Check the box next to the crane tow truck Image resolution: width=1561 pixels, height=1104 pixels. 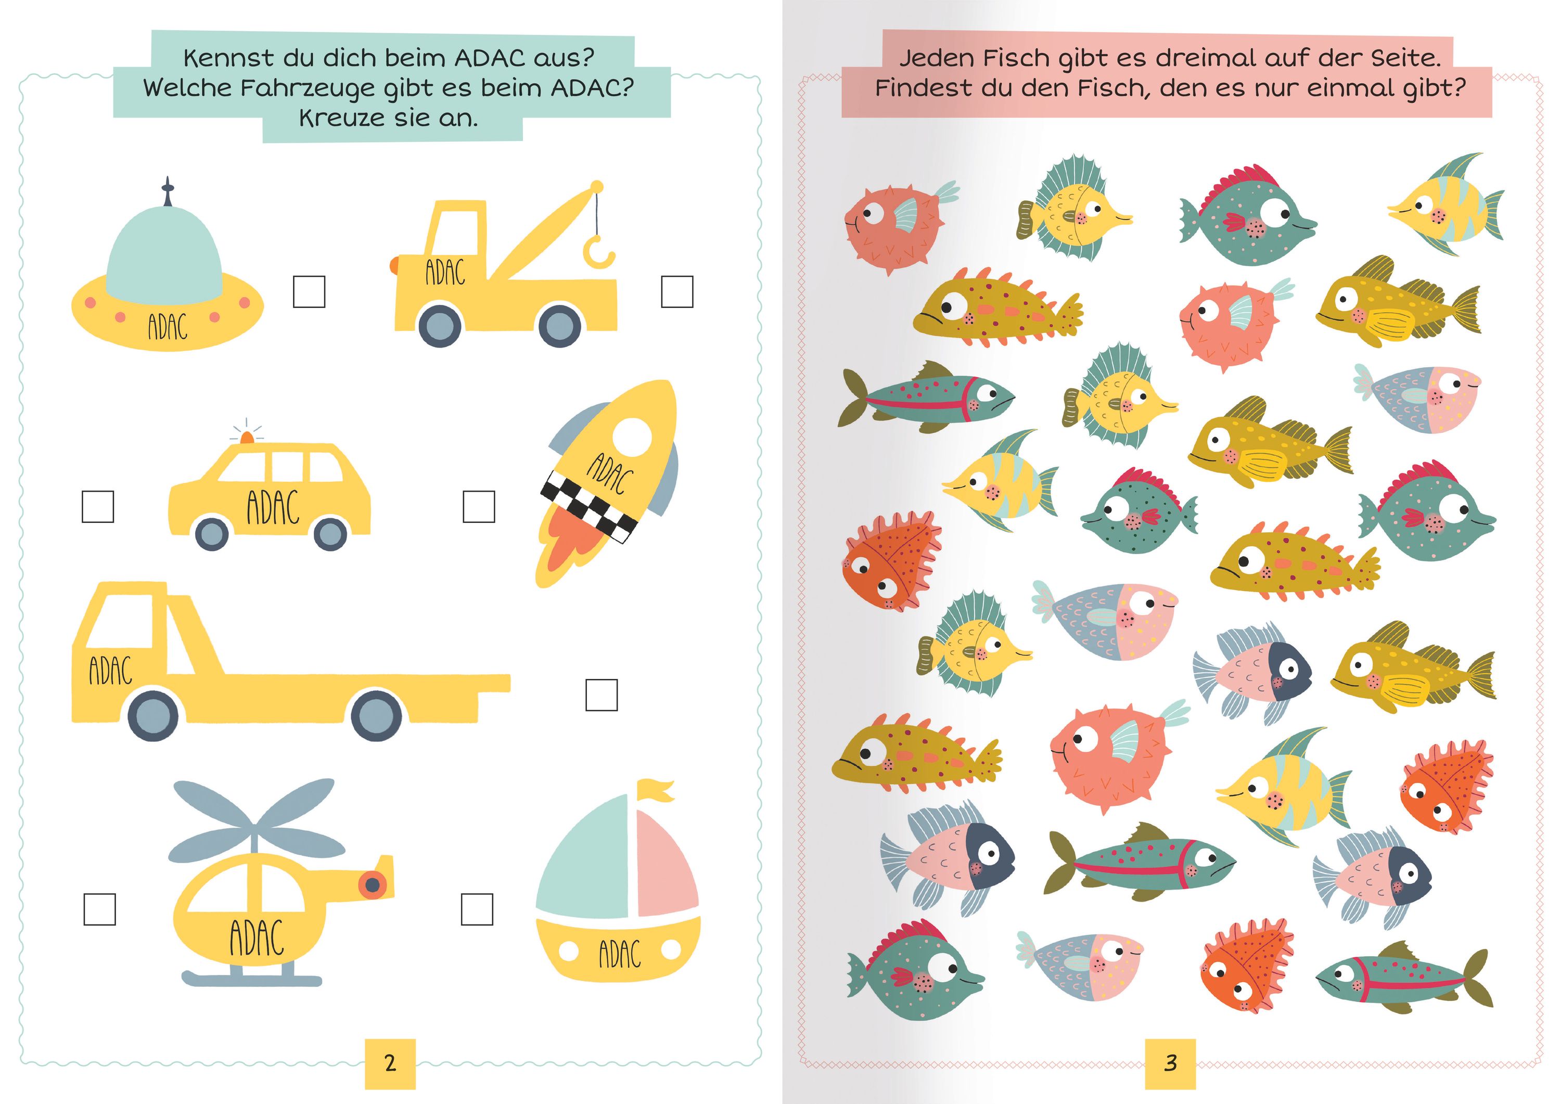click(677, 292)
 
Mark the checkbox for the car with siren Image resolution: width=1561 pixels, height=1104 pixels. click(98, 506)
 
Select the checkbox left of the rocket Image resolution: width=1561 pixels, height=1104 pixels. click(479, 506)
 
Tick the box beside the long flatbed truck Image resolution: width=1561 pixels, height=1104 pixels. click(602, 695)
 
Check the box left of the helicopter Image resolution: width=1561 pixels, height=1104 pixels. click(100, 909)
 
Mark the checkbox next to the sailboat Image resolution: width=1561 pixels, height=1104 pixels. click(477, 909)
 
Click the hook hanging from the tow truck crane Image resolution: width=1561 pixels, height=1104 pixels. click(598, 252)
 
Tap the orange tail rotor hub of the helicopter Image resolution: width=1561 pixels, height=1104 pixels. click(373, 884)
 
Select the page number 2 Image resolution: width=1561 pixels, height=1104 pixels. click(390, 1063)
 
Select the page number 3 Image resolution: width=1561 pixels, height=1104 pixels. click(1170, 1063)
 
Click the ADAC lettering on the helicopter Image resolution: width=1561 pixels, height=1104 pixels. click(257, 938)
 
